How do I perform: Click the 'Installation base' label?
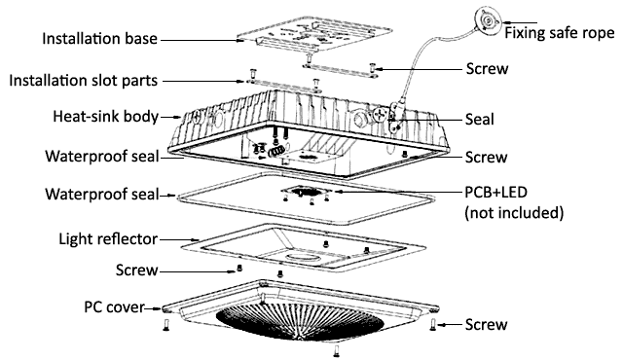[x=99, y=39]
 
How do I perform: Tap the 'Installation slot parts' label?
[x=84, y=81]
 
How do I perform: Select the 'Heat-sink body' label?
[x=106, y=117]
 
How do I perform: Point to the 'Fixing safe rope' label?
[x=560, y=33]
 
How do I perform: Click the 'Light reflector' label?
[x=108, y=239]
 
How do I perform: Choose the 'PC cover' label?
[x=114, y=307]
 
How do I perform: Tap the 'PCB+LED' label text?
[x=496, y=192]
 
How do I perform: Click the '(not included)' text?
[x=514, y=213]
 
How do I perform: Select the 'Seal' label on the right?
[x=480, y=119]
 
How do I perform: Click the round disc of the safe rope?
[x=488, y=19]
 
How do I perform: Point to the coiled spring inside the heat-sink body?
[x=276, y=151]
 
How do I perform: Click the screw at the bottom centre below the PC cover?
[x=337, y=350]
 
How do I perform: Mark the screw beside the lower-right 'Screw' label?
[x=433, y=326]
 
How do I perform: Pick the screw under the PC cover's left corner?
[x=166, y=324]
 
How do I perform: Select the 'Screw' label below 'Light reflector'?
[x=137, y=270]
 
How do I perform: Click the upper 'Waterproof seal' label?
[x=102, y=156]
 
